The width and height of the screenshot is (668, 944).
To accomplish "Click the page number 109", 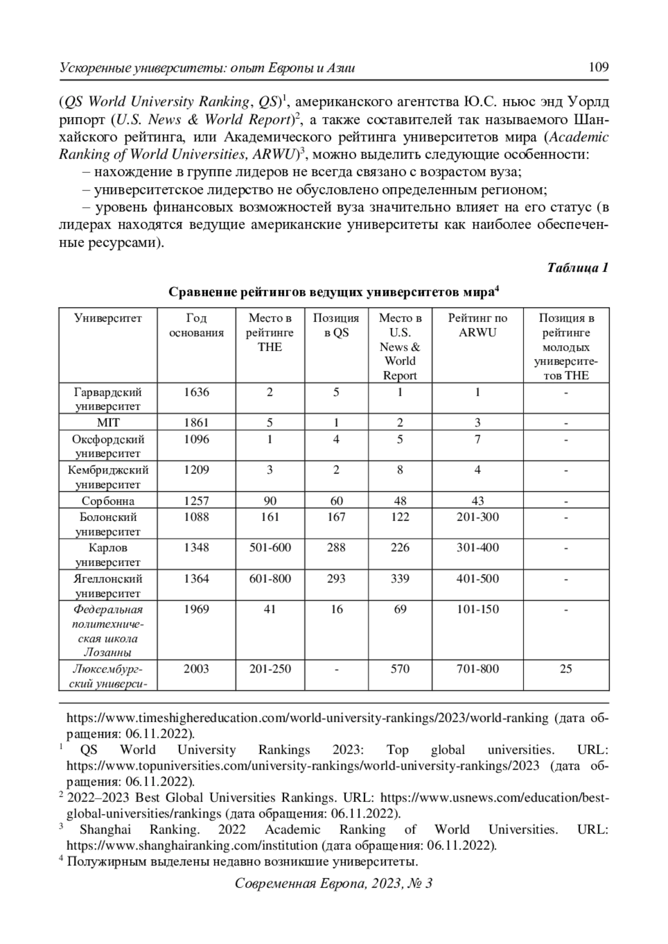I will pos(598,67).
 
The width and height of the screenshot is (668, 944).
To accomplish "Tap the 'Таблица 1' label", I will pos(577,267).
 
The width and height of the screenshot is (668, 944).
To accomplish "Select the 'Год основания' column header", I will pos(197,325).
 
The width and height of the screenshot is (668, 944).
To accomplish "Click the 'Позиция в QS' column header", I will pos(336,325).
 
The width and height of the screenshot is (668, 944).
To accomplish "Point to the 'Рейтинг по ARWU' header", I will pos(478,325).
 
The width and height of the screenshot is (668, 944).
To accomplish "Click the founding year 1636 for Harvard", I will pos(197,392).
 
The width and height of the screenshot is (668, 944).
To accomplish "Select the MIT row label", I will pos(108,422).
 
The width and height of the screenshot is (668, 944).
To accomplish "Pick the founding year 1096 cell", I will pos(197,439).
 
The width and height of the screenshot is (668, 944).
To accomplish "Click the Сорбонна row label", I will pos(108,500).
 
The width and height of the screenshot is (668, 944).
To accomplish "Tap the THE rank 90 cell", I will pos(269,500).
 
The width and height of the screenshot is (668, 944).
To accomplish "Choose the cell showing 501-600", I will pos(269,547).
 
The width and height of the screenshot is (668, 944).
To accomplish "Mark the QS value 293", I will pos(336,578).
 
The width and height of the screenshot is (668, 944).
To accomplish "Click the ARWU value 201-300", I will pos(478,517).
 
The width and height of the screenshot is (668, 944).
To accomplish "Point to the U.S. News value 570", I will pos(400,669).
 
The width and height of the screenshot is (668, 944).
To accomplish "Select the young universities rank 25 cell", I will pos(566,669).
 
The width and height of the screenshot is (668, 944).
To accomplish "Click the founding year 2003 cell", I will pos(197,669).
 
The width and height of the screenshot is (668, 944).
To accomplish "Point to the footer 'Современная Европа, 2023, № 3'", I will pos(333,883).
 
